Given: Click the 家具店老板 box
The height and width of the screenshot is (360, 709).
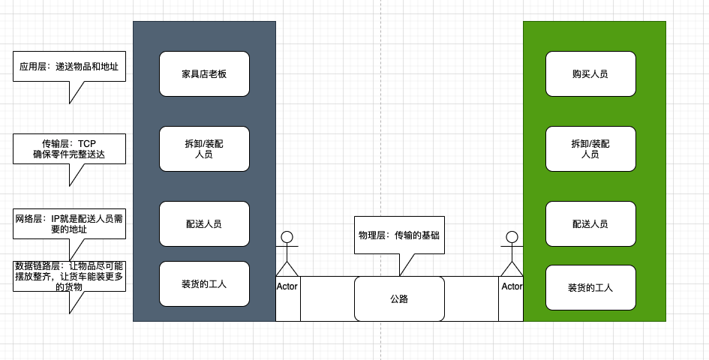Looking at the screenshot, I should (x=204, y=73).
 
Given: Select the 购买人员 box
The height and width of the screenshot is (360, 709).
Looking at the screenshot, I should (x=590, y=73).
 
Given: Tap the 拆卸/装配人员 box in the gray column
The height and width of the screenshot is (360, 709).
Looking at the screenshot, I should (x=204, y=148).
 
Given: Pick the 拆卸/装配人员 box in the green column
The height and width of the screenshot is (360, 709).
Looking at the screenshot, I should (x=590, y=148).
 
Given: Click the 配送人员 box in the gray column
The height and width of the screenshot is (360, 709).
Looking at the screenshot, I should (x=204, y=223).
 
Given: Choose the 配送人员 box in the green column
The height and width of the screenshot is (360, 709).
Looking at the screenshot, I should (x=590, y=223).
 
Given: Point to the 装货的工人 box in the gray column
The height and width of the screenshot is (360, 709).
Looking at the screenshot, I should (x=204, y=283).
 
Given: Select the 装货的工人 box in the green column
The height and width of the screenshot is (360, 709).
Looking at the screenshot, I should (x=590, y=287).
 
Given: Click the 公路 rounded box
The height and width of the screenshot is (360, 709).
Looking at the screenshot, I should (x=399, y=298).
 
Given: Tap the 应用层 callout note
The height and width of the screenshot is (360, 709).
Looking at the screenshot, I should (x=69, y=66).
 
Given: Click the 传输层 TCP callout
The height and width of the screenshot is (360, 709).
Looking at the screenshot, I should (x=69, y=148).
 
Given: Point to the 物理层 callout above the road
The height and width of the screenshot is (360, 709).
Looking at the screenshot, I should (x=399, y=235).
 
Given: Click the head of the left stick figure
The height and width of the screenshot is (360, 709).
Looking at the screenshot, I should (x=287, y=238).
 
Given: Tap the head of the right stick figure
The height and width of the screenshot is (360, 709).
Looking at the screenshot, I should (x=512, y=238).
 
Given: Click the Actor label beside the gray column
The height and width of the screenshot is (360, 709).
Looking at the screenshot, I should (x=287, y=286).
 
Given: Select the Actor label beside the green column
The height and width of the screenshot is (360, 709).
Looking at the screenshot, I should (x=512, y=286).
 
